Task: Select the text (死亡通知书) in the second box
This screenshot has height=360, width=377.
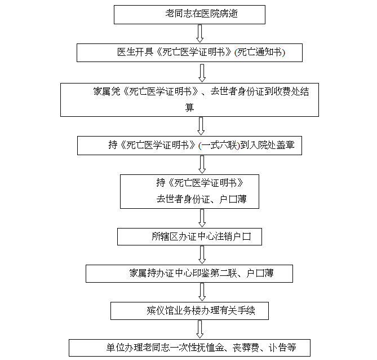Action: pyautogui.click(x=260, y=52)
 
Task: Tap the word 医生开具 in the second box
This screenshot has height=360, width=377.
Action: pyautogui.click(x=135, y=52)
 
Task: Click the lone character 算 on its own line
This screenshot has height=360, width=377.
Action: pyautogui.click(x=189, y=107)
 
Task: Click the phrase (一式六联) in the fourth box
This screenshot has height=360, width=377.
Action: pyautogui.click(x=219, y=145)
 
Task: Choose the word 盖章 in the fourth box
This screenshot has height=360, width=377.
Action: pyautogui.click(x=285, y=145)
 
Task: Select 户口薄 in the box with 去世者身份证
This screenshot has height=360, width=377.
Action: pyautogui.click(x=233, y=199)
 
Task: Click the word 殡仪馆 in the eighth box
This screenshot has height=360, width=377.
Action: pyautogui.click(x=160, y=311)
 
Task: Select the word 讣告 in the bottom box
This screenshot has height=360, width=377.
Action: pyautogui.click(x=278, y=348)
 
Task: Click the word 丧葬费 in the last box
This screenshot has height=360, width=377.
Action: pyautogui.click(x=246, y=348)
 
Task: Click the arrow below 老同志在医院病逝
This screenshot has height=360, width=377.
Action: pyautogui.click(x=200, y=34)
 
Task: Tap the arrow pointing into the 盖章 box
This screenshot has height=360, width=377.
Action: pyautogui.click(x=201, y=126)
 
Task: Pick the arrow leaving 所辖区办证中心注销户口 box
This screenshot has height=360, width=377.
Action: pyautogui.click(x=202, y=255)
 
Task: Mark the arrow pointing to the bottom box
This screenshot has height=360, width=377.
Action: pyautogui.click(x=200, y=329)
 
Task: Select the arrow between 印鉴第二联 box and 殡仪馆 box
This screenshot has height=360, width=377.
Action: pyautogui.click(x=202, y=292)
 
